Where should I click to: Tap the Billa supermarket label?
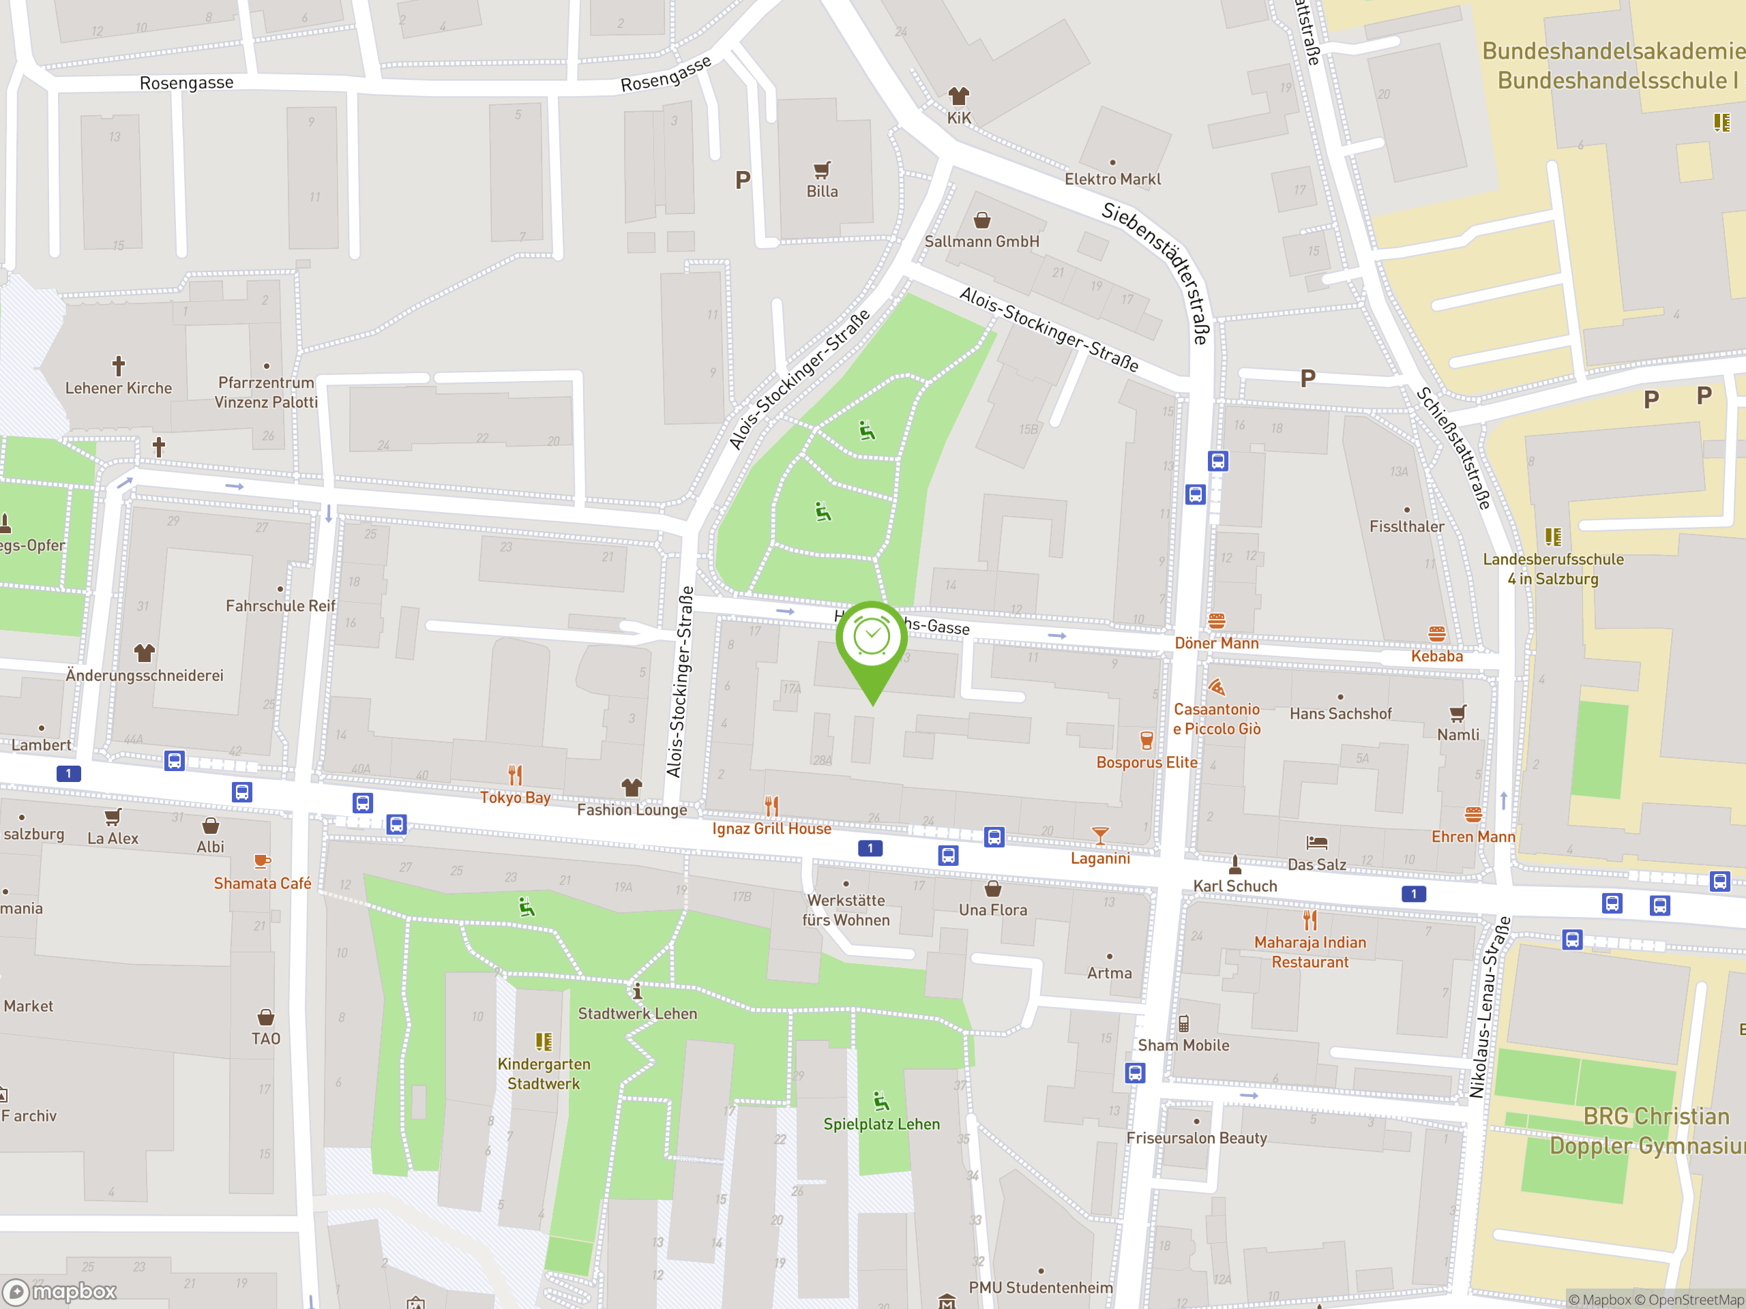(822, 192)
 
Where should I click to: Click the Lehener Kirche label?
(119, 388)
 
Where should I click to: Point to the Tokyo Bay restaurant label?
(515, 798)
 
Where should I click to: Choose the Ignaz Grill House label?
(771, 828)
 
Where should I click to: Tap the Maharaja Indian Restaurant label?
(1309, 952)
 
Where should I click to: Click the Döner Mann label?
(1216, 643)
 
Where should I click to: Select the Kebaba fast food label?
(1436, 657)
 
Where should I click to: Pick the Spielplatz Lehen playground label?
(882, 1124)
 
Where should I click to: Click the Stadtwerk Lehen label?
(637, 1014)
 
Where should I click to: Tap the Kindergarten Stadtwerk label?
(544, 1074)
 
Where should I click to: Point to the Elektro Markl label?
(1112, 179)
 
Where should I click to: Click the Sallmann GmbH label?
(981, 241)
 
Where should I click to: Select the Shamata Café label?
(262, 884)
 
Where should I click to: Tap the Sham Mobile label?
(1183, 1045)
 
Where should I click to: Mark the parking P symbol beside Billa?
(742, 181)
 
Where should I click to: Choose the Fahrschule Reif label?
(280, 606)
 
